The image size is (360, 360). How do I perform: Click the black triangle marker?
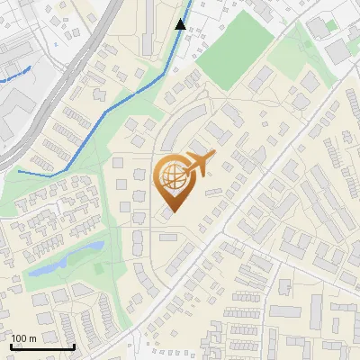tap(181, 24)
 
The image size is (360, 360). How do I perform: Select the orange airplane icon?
tap(199, 163)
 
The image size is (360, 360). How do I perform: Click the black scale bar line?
tap(42, 346)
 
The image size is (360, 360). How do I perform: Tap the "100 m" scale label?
tap(24, 338)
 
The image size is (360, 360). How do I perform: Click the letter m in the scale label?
tap(32, 338)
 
